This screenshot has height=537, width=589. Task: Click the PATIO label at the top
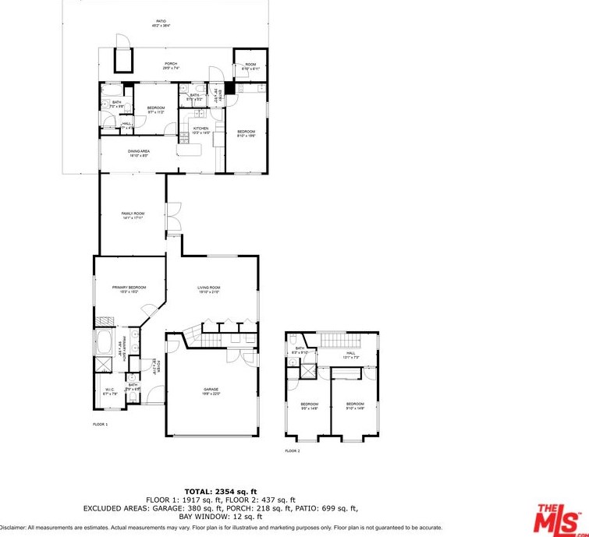pyautogui.click(x=161, y=23)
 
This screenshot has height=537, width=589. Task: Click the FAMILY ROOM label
pyautogui.click(x=133, y=214)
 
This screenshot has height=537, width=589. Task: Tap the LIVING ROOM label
pyautogui.click(x=209, y=289)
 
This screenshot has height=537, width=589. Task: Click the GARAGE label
pyautogui.click(x=211, y=391)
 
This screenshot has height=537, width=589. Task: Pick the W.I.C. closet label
pyautogui.click(x=109, y=391)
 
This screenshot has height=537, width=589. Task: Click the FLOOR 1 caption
pyautogui.click(x=100, y=424)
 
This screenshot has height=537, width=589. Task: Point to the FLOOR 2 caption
pyautogui.click(x=293, y=450)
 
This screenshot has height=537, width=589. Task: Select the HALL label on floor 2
pyautogui.click(x=351, y=355)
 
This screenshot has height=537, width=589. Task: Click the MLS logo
pyautogui.click(x=560, y=518)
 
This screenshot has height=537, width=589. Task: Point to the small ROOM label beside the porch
pyautogui.click(x=250, y=66)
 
